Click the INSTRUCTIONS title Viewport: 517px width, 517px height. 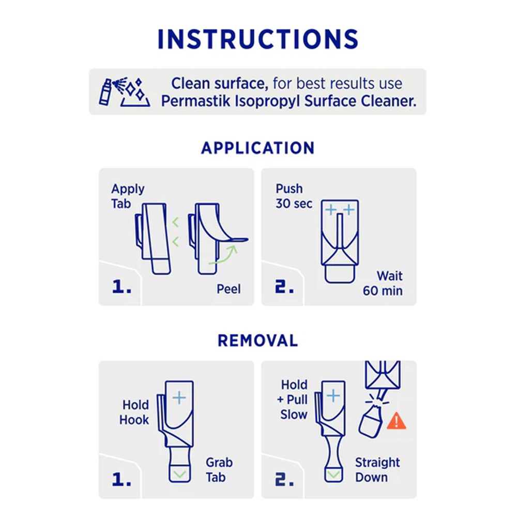(258, 39)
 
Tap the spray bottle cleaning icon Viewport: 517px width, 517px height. (125, 92)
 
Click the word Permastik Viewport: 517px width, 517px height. (195, 101)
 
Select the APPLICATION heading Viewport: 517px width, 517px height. (258, 148)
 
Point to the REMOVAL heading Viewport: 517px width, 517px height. (258, 341)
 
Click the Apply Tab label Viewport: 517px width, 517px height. (128, 196)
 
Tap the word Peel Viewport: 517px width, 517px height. (229, 289)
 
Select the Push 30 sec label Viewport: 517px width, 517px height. (294, 196)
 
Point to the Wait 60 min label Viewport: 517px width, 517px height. (383, 283)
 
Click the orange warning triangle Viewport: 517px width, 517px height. (397, 421)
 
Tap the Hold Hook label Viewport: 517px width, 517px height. (134, 413)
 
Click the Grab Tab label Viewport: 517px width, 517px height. (219, 470)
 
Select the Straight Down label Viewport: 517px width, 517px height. (377, 470)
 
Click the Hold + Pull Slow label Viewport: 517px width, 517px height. (293, 400)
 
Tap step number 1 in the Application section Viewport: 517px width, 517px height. (121, 286)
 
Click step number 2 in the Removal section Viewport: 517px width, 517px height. (284, 479)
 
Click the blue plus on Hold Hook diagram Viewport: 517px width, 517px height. (179, 398)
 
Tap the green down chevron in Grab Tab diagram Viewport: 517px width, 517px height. (180, 475)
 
